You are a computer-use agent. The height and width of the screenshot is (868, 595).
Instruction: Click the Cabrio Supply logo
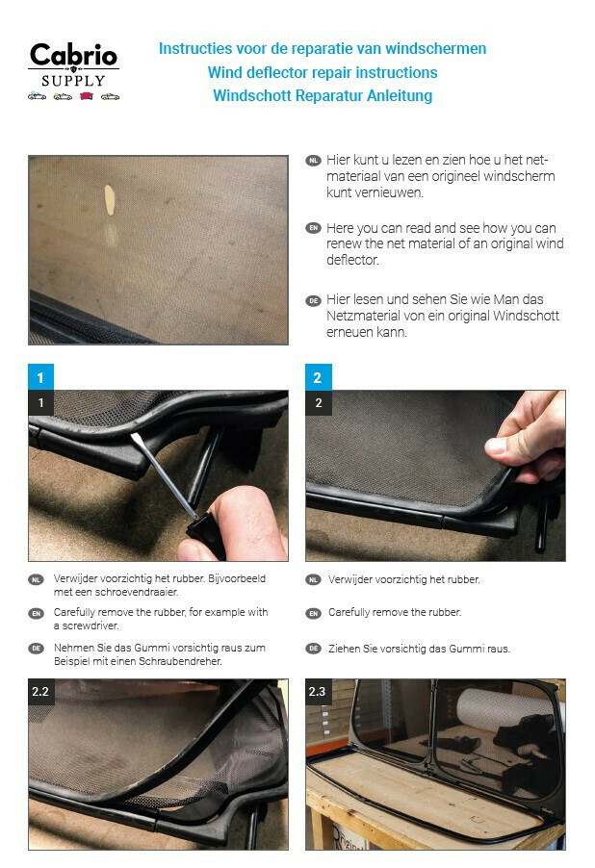click(x=74, y=71)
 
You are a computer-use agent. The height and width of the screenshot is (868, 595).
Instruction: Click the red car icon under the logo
click(x=87, y=96)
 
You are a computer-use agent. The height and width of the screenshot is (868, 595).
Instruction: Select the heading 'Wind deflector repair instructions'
click(x=323, y=72)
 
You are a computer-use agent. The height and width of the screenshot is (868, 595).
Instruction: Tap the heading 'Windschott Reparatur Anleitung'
click(x=323, y=96)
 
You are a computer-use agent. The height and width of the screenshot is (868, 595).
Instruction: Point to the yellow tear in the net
click(x=110, y=200)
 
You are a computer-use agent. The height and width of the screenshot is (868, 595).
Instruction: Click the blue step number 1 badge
click(x=40, y=377)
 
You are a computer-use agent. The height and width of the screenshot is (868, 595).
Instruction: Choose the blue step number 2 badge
click(x=318, y=377)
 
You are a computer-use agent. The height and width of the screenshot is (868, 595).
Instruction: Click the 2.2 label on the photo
click(x=40, y=691)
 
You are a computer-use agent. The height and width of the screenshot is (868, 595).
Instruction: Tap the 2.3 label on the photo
click(x=318, y=691)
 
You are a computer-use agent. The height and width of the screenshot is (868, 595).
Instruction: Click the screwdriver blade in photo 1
click(x=163, y=474)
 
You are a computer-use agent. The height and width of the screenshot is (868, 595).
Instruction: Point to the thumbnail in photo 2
click(x=498, y=445)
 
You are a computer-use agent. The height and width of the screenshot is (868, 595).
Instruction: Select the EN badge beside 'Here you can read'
click(x=314, y=228)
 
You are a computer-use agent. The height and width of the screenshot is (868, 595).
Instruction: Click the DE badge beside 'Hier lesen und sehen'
click(x=314, y=300)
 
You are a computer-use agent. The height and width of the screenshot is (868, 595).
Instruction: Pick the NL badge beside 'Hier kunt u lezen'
click(x=314, y=161)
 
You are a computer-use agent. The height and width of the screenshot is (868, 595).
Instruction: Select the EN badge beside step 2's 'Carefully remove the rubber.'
click(x=314, y=613)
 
